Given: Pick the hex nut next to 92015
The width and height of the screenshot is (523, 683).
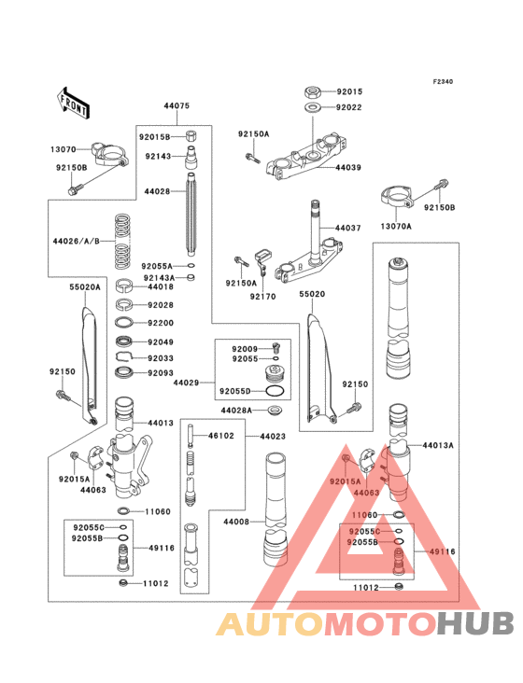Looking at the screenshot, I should [313, 92].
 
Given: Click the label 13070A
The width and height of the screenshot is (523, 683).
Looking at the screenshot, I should [397, 226].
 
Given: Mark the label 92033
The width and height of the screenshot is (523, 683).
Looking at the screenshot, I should [160, 356].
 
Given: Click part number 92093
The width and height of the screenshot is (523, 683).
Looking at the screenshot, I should [160, 373].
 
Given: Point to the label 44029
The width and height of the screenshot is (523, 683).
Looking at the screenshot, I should [186, 383].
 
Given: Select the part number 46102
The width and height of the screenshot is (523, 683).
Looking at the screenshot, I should [220, 436].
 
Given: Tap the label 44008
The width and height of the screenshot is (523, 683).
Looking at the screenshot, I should [235, 523].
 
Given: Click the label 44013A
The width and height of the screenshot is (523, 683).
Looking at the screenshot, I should [437, 446].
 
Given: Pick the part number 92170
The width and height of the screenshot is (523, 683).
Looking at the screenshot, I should [263, 297].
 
